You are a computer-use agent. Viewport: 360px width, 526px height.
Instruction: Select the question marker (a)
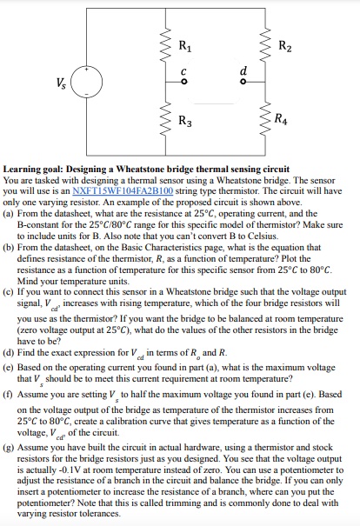pyautogui.click(x=10, y=211)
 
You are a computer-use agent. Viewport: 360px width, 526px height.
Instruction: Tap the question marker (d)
pyautogui.click(x=10, y=354)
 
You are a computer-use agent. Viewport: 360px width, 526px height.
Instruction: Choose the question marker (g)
pyautogui.click(x=10, y=451)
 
